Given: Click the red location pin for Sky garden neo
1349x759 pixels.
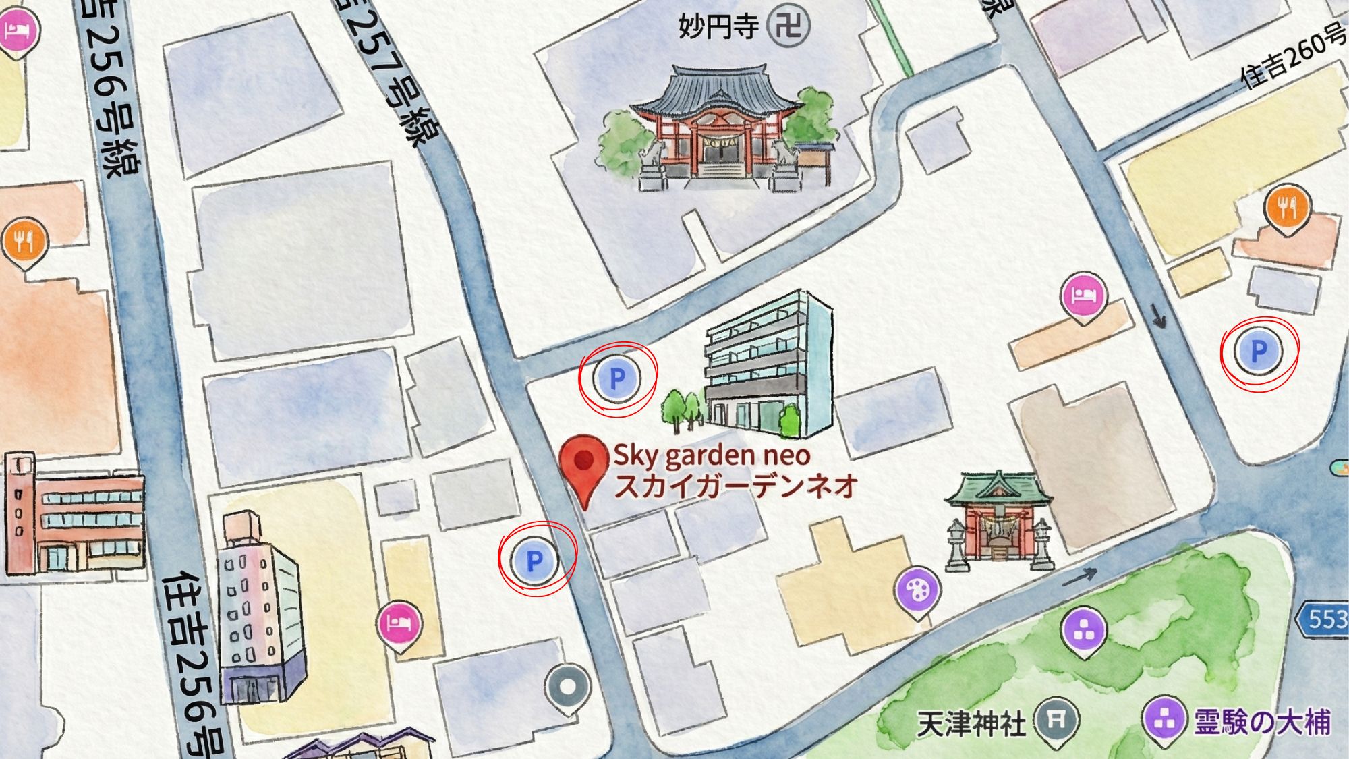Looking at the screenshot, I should pyautogui.click(x=583, y=466).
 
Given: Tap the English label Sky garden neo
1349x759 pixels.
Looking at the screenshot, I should pyautogui.click(x=712, y=456).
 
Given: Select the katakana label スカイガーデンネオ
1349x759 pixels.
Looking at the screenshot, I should pyautogui.click(x=735, y=486).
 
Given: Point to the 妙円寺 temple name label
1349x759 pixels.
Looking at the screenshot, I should pyautogui.click(x=718, y=28).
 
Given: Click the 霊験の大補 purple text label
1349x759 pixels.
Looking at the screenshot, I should pyautogui.click(x=1262, y=722).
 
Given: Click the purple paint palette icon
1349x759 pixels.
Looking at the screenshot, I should pyautogui.click(x=917, y=591).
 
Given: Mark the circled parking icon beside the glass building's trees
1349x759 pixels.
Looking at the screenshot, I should pyautogui.click(x=617, y=378).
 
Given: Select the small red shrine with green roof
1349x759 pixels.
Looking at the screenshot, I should pyautogui.click(x=998, y=523).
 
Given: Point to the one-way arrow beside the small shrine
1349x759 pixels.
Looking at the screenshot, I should pyautogui.click(x=1079, y=578).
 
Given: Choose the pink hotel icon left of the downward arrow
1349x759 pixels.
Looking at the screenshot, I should pyautogui.click(x=1084, y=296).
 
